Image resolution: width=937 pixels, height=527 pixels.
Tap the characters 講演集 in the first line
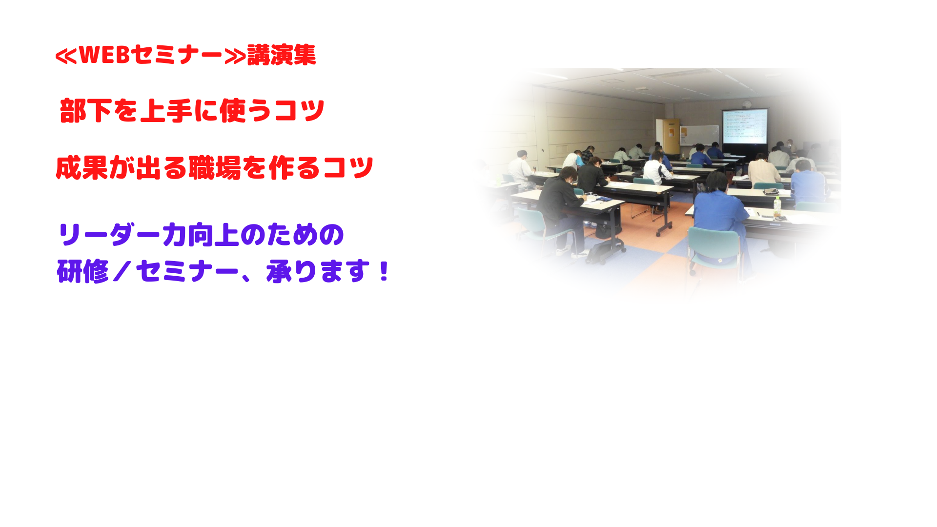(x=282, y=55)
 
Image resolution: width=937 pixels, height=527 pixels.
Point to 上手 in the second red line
(x=166, y=111)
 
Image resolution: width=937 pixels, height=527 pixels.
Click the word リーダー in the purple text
(x=109, y=235)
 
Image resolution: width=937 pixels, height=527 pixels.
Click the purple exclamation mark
(x=384, y=271)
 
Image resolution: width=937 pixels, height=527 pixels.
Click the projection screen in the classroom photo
(x=745, y=126)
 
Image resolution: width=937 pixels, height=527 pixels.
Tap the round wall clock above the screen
(x=746, y=104)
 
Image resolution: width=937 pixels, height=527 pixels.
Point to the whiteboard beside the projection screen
(x=700, y=135)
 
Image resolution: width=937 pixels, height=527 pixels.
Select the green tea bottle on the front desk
(x=777, y=207)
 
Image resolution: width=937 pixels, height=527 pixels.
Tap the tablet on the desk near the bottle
(x=771, y=191)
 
